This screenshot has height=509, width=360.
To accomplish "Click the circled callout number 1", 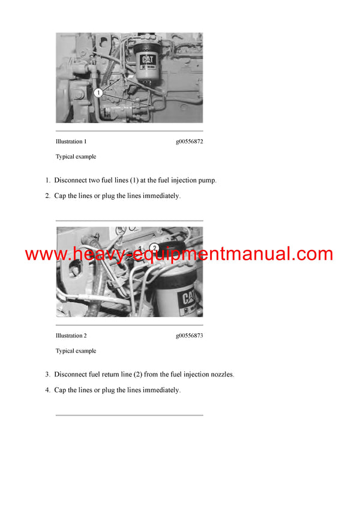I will click(97, 92).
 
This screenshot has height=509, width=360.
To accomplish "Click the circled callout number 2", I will click(154, 247).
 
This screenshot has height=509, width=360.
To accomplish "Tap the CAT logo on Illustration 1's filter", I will click(148, 61).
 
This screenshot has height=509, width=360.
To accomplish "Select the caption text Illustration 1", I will click(71, 142).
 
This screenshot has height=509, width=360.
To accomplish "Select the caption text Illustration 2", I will click(71, 336).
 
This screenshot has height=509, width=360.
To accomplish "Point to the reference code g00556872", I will click(189, 142).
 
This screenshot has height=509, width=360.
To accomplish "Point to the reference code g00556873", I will click(189, 336).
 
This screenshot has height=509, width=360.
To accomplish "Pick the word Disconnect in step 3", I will click(70, 375).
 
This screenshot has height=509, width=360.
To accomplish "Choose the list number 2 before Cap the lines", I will click(48, 195).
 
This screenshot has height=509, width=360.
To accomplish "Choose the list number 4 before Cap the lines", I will click(48, 390).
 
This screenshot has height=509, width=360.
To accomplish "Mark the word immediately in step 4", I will click(161, 390).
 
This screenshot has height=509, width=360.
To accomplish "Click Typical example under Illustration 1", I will click(76, 156).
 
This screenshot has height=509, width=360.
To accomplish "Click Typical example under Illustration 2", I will click(76, 351).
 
